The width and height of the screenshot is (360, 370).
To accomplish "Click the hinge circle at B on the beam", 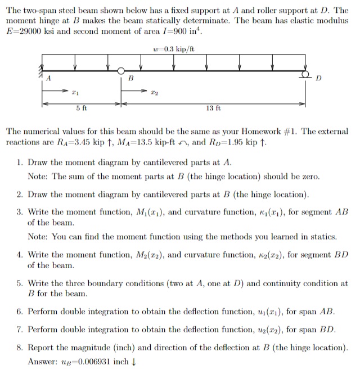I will click(x=121, y=71).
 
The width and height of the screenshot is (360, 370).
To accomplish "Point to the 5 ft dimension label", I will click(x=81, y=108).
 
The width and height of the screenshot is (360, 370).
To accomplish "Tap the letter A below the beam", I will click(x=49, y=80).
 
